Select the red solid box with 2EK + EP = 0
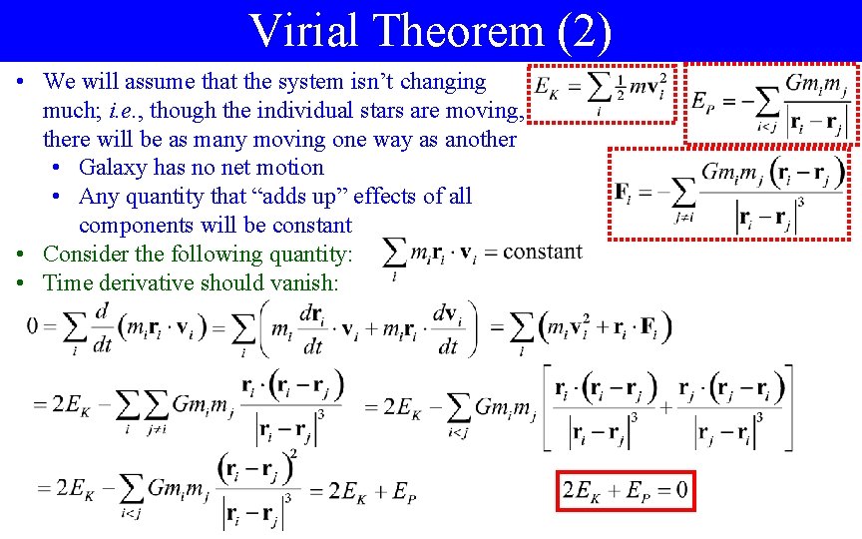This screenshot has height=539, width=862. [x=625, y=490]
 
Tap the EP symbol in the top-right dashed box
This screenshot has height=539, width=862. [x=703, y=101]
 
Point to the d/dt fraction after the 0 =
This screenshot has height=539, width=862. [x=103, y=325]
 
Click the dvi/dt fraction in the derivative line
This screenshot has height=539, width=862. [x=447, y=325]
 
